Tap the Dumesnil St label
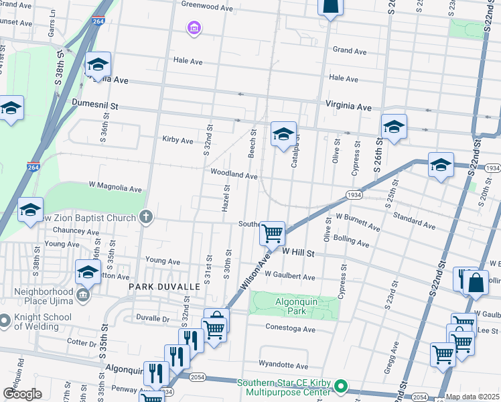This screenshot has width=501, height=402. coord(94,106)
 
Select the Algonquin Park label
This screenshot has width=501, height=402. coord(294,304)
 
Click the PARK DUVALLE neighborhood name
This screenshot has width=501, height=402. coord(164,287)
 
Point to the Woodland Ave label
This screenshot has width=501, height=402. coord(234,176)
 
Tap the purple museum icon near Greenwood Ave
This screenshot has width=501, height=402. coord(194,28)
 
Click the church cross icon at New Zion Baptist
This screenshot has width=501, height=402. coord(145,216)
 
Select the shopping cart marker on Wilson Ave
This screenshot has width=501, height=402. coord(273,234)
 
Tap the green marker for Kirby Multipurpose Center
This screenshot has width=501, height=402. coord(341,387)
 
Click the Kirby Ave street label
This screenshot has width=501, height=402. coord(177,141)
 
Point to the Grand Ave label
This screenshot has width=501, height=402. coord(350,50)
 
